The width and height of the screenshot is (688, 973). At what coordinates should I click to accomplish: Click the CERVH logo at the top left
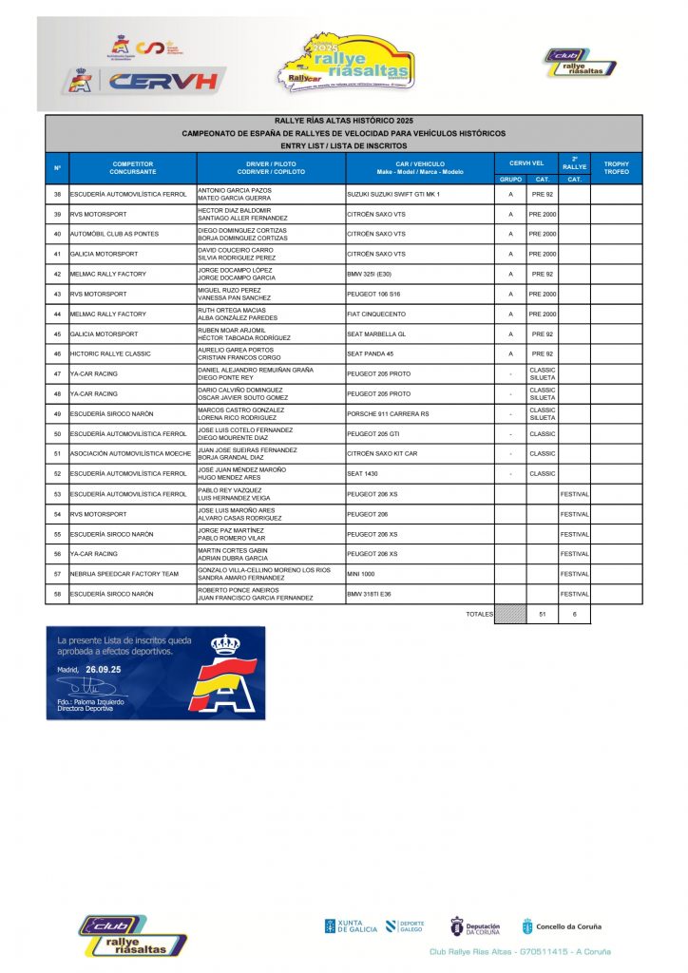[147, 80]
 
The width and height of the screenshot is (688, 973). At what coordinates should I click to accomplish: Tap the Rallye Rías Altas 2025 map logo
[348, 65]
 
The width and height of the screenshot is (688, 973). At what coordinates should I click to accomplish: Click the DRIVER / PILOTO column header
[270, 168]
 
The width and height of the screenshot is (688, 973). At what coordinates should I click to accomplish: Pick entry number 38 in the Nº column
[58, 194]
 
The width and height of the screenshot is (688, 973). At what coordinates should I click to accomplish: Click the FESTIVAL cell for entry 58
[574, 594]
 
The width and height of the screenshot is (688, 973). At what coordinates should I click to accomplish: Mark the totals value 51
[543, 615]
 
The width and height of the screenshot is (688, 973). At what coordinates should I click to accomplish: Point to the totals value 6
[574, 615]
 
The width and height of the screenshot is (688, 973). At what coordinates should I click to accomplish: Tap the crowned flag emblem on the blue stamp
[225, 675]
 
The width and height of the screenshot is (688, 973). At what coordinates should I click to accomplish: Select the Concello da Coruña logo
[561, 927]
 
